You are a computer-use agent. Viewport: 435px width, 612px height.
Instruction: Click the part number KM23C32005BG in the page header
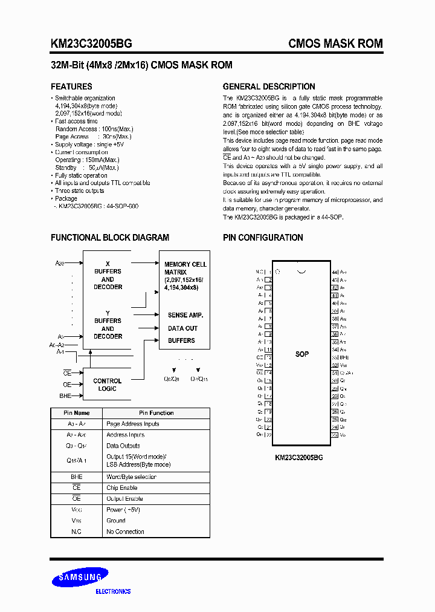[91, 44]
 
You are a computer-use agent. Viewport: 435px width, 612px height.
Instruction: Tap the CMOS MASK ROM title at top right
[335, 44]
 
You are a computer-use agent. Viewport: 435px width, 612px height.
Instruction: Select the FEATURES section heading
[71, 86]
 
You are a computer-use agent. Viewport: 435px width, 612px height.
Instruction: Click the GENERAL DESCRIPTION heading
[269, 86]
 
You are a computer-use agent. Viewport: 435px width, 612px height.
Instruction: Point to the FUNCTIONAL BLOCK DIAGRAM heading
[110, 238]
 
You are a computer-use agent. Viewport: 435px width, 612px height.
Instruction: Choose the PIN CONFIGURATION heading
[263, 238]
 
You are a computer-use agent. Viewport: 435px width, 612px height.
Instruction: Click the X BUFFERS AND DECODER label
[108, 275]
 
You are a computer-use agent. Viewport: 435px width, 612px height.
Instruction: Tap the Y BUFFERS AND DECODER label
[108, 325]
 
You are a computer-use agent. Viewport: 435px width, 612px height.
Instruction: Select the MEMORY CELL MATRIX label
[185, 276]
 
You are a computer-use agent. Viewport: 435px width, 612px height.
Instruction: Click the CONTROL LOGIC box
[108, 385]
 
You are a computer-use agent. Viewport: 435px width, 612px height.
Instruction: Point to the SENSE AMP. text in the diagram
[185, 315]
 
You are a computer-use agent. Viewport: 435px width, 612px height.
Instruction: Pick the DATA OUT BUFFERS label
[182, 334]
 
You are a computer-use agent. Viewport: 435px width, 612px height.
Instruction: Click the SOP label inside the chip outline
[302, 354]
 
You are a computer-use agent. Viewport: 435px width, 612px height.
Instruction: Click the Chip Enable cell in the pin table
[121, 487]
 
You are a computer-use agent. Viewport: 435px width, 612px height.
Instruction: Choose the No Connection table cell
[125, 532]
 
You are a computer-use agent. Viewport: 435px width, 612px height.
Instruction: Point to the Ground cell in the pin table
[116, 520]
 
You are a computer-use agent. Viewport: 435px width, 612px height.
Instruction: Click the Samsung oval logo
[80, 579]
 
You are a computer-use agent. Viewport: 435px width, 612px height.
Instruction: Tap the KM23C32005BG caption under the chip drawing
[299, 458]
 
